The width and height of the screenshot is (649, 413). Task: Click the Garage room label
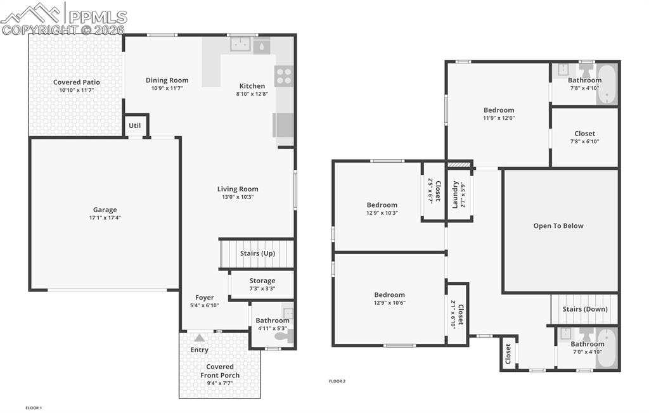point(105,210)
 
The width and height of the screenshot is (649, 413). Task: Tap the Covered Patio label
point(76,82)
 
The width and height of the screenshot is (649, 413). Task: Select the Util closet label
point(135,125)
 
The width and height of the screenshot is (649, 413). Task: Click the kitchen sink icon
point(240,44)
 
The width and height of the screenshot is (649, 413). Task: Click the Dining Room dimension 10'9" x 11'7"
point(167,89)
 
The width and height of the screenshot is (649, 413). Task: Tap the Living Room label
point(238,189)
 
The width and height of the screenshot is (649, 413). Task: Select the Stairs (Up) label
point(257,253)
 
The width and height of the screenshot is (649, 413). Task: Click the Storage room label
point(262,281)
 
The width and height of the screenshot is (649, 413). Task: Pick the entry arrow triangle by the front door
point(200,338)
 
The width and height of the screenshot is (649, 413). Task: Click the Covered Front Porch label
point(220,371)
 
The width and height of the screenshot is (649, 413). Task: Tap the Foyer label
point(204,297)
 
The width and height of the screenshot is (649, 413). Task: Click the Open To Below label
point(558,226)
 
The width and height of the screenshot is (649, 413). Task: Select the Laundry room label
point(455,194)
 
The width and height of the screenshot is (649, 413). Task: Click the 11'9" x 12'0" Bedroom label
point(499,110)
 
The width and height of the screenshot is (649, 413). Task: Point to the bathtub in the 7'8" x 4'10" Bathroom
point(607,84)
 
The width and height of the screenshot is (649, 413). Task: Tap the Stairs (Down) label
point(584,309)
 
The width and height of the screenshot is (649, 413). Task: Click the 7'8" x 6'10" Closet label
point(584,134)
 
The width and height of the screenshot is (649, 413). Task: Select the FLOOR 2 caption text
point(337,381)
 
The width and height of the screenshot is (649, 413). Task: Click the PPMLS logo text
point(96,17)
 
